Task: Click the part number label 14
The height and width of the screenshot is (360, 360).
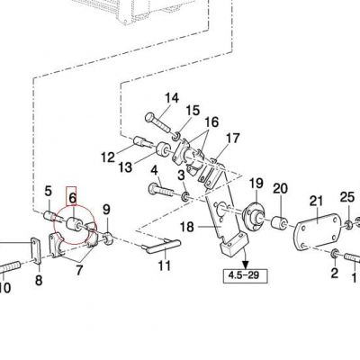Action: point(172,98)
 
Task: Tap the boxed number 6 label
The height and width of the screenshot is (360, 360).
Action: point(71,196)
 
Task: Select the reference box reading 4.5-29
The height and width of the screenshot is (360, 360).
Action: point(244,275)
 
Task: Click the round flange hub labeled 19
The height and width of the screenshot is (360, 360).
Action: point(253,216)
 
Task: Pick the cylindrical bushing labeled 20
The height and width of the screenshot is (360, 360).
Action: point(279,223)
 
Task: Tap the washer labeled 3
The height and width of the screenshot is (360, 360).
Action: point(185,197)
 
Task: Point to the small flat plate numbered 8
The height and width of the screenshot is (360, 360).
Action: point(36,251)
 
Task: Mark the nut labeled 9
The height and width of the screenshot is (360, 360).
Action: point(108,238)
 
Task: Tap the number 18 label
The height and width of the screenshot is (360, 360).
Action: point(187,227)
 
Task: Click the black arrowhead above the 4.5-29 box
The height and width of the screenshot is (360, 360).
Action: point(246,264)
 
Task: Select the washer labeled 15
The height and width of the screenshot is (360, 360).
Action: point(176,136)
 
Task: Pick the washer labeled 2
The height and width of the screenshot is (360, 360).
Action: point(335,254)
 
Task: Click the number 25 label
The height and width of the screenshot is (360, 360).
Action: point(347,197)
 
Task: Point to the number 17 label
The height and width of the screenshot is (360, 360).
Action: point(233,139)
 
